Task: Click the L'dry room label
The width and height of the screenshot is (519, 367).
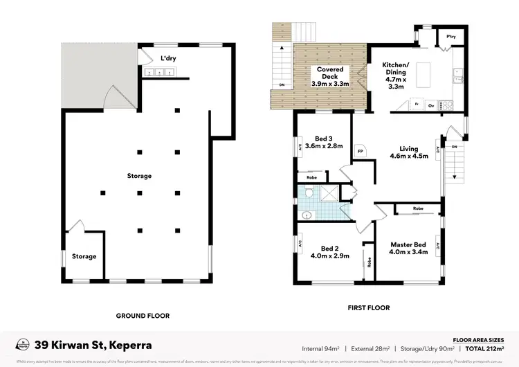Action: [x=169, y=58]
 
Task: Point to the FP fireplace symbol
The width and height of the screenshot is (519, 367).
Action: [x=361, y=150]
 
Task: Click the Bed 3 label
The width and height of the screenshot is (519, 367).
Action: [x=324, y=142]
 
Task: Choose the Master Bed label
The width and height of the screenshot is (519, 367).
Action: [x=408, y=247]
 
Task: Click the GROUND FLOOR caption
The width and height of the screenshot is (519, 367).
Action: [x=143, y=315]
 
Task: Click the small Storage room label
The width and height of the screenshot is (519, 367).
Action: [x=84, y=256]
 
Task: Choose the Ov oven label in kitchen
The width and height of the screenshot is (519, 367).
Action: [x=431, y=106]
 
